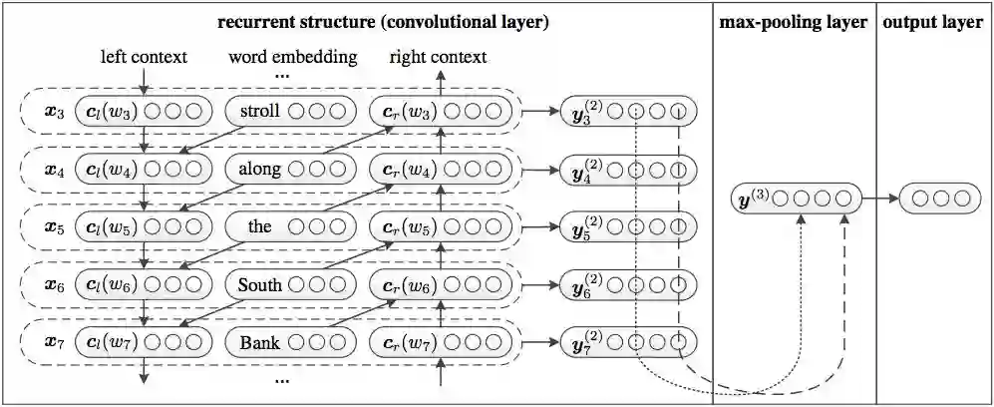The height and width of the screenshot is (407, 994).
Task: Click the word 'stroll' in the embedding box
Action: pyautogui.click(x=260, y=111)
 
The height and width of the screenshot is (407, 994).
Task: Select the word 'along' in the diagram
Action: pyautogui.click(x=259, y=169)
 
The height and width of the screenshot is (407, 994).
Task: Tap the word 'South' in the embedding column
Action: pyautogui.click(x=260, y=285)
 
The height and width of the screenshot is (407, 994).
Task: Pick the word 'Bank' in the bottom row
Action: pyautogui.click(x=259, y=344)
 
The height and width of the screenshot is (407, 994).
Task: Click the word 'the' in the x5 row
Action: pyautogui.click(x=259, y=226)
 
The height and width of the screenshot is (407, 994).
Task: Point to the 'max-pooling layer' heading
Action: pyautogui.click(x=793, y=23)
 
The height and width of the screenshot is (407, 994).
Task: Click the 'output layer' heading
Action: pyautogui.click(x=933, y=23)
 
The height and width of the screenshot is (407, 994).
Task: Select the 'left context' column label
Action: pyautogui.click(x=145, y=57)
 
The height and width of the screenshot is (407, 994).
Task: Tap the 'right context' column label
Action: pyautogui.click(x=438, y=57)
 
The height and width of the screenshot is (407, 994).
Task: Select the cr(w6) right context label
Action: pyautogui.click(x=403, y=285)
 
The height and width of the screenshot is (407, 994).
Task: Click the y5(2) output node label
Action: pyautogui.click(x=581, y=226)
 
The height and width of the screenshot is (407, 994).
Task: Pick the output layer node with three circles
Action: pyautogui.click(x=934, y=199)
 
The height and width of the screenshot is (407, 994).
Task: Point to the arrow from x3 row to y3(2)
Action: pyautogui.click(x=538, y=111)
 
